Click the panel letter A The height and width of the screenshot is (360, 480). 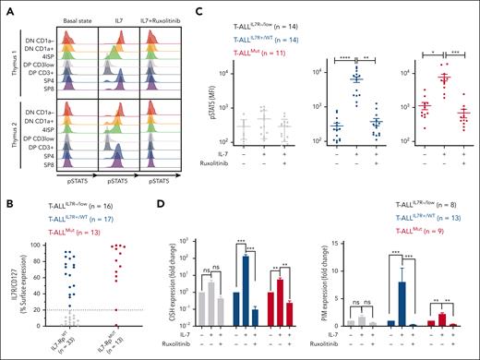click(x=7, y=6)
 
